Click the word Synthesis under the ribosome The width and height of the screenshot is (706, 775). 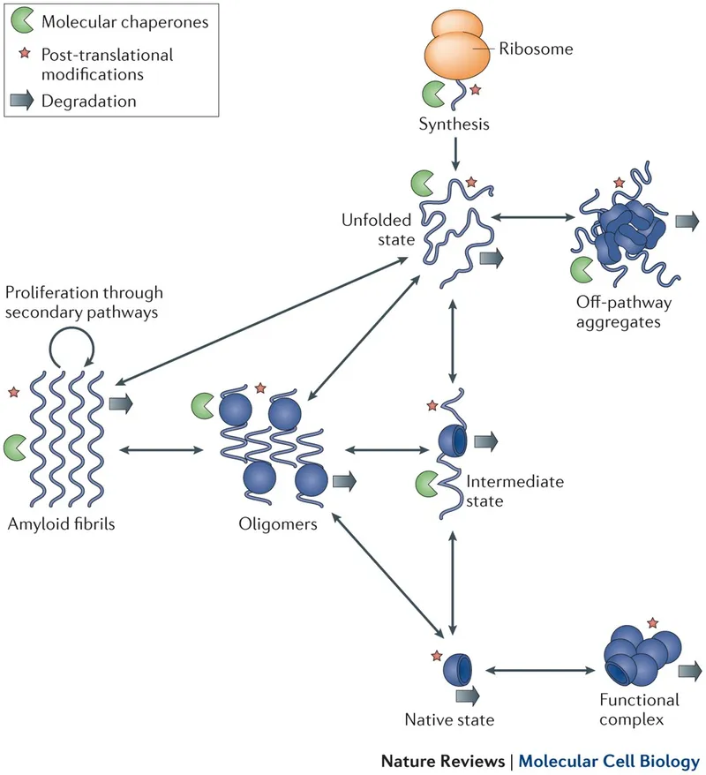point(454,124)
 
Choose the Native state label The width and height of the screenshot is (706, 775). point(448,719)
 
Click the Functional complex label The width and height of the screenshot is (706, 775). point(640,709)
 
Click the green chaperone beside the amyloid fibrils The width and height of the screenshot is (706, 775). point(16,447)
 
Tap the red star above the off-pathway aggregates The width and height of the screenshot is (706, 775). point(619,182)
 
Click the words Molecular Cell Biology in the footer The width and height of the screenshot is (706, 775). point(609,760)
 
